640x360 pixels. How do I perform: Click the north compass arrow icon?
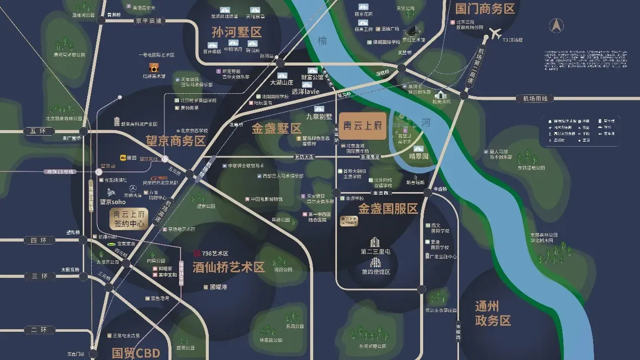click(557, 25)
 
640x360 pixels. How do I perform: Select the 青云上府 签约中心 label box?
click(129, 218)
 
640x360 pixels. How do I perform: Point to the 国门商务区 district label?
click(485, 9)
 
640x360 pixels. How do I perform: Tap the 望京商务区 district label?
click(176, 141)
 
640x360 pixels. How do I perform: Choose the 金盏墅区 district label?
click(276, 128)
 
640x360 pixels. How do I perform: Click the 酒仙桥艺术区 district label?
click(228, 267)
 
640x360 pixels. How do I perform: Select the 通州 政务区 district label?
click(493, 313)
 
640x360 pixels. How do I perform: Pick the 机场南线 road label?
click(535, 99)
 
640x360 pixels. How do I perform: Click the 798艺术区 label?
click(215, 253)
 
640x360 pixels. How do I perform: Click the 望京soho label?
click(112, 202)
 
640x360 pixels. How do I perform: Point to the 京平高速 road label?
click(148, 21)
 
